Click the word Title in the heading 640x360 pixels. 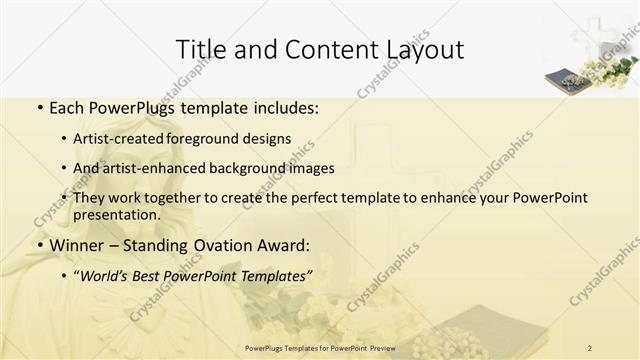tap(201, 49)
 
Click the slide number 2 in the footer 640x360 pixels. tap(591, 347)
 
